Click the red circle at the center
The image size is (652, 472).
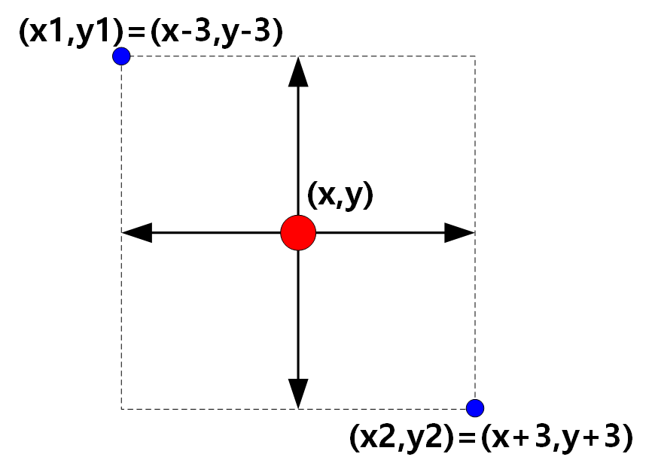298,233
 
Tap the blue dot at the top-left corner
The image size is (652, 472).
121,56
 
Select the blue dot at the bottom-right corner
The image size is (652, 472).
474,408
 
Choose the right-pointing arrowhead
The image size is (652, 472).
459,233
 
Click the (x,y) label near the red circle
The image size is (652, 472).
340,196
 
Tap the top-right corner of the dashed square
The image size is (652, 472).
474,56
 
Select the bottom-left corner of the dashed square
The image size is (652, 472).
122,408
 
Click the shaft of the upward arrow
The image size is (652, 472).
299,150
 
